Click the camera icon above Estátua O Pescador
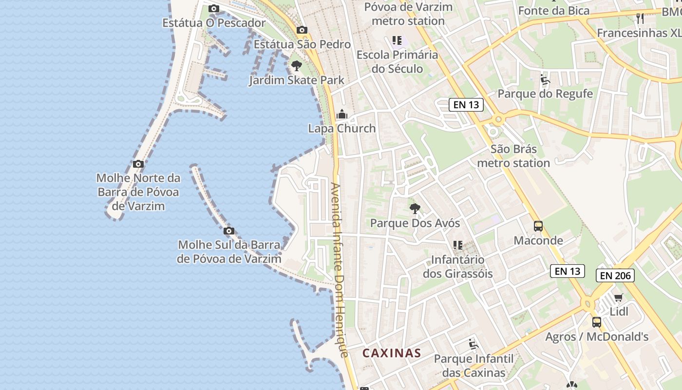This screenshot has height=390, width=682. click(213, 8)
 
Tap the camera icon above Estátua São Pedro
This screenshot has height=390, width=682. click(302, 30)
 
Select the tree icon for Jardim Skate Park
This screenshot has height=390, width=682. click(296, 66)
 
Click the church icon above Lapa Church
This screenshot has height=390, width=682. click(342, 115)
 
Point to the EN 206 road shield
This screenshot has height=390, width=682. click(615, 275)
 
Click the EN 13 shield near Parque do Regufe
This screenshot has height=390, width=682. click(466, 104)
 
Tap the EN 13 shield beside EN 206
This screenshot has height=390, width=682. click(567, 271)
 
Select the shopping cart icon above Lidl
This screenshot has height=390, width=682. click(618, 297)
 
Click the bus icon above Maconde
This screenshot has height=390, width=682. click(538, 226)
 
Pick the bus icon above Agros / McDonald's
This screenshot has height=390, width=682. click(597, 322)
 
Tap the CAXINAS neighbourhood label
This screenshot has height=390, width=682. click(392, 353)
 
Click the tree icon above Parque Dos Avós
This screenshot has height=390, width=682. click(415, 209)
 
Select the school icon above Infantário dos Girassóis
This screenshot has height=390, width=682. click(457, 245)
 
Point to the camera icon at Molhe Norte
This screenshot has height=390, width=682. click(138, 164)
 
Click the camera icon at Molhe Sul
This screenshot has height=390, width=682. click(229, 231)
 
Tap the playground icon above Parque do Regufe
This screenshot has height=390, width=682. click(545, 80)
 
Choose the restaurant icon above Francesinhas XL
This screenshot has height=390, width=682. click(640, 19)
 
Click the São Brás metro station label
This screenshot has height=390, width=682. click(513, 156)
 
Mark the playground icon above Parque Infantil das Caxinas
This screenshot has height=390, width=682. click(474, 345)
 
